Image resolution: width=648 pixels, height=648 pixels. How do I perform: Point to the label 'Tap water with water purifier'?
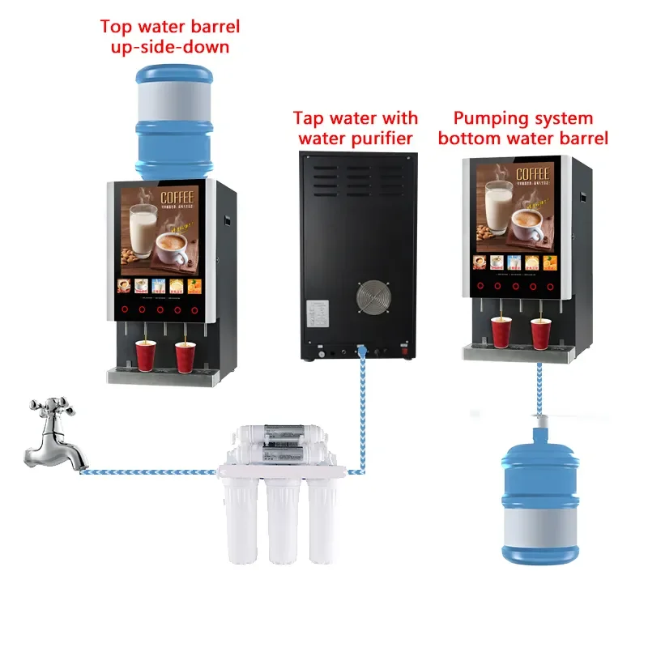[x=356, y=128]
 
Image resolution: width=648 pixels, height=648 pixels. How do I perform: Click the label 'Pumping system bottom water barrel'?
[x=522, y=128]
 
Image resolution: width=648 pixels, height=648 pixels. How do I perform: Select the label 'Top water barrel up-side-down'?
[x=170, y=36]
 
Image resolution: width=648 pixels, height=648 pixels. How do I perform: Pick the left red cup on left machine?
[x=146, y=355]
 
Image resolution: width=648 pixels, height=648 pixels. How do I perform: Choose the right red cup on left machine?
[x=185, y=355]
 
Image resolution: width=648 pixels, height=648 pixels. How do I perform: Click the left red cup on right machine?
[x=501, y=333]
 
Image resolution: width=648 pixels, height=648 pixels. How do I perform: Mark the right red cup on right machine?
[x=540, y=333]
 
